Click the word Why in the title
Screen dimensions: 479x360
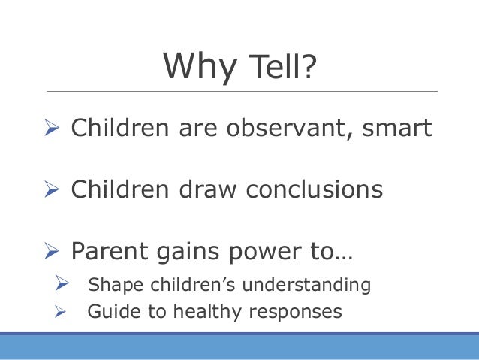pos(200,68)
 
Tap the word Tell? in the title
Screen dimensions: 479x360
pos(283,65)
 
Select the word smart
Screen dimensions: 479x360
pos(397,128)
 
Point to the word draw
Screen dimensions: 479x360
pos(208,189)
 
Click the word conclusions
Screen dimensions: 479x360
pos(315,189)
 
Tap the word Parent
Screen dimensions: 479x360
pos(110,251)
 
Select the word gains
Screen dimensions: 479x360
pos(188,253)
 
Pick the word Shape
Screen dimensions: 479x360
pos(116,285)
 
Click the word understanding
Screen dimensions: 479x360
pos(306,284)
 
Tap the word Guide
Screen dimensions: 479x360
pos(113,311)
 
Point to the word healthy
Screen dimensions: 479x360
pos(207,312)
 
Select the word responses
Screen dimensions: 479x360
pos(295,313)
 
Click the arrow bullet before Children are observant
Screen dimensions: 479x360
pos(52,127)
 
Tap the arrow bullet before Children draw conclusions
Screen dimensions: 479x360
pos(52,189)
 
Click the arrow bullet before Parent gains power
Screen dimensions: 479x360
pos(52,250)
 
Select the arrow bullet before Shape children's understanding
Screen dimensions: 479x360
pos(62,283)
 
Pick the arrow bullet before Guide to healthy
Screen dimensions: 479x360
pos(60,312)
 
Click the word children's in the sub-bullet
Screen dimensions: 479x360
pos(193,284)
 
